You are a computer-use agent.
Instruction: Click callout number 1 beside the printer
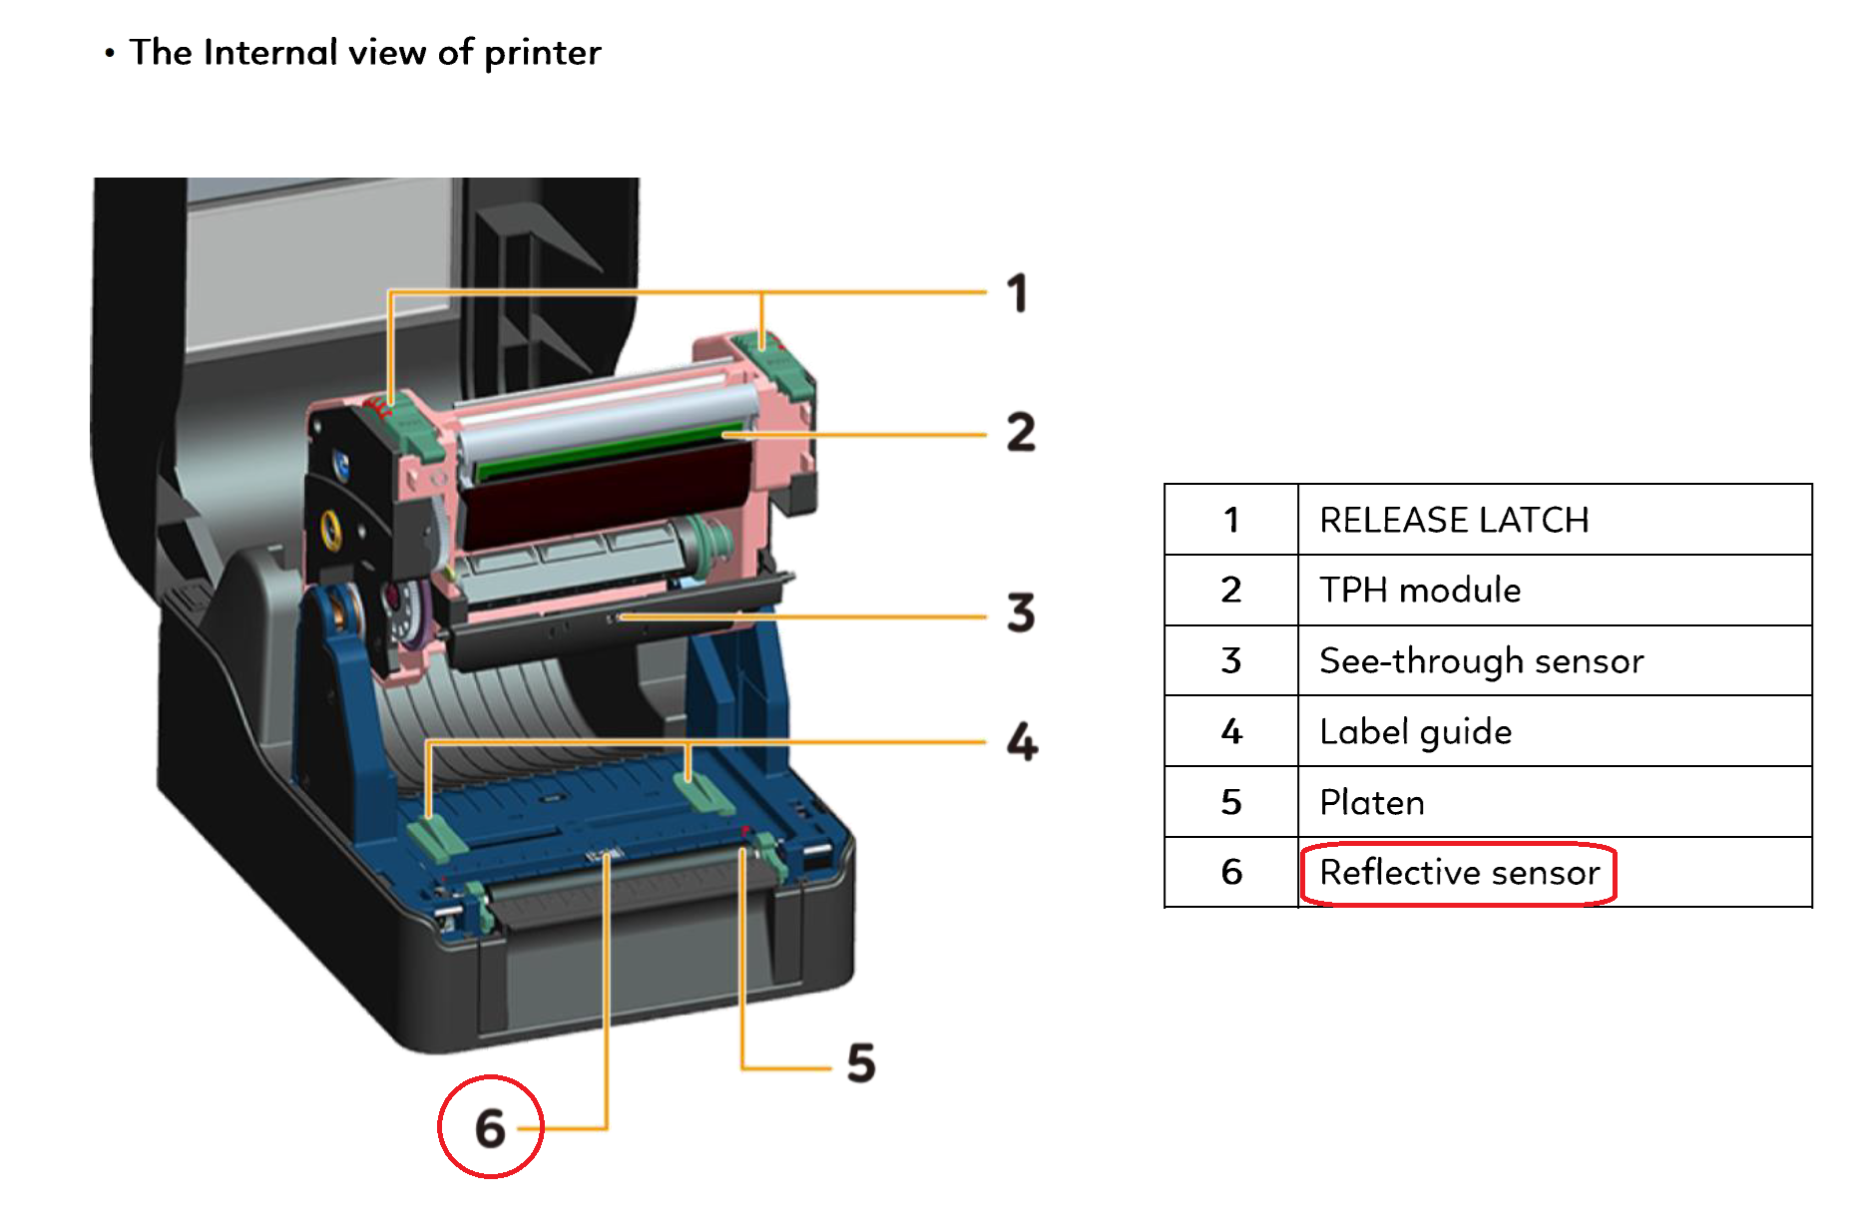(x=1017, y=293)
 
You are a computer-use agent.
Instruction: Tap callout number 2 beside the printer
(x=1021, y=433)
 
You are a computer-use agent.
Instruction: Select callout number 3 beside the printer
(x=1021, y=612)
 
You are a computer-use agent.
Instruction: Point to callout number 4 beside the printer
(x=1022, y=742)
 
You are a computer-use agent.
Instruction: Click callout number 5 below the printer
(x=861, y=1063)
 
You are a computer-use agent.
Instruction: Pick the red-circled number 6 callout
(x=490, y=1128)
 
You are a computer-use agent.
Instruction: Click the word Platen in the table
(x=1372, y=802)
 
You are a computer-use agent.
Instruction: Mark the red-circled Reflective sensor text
(x=1460, y=873)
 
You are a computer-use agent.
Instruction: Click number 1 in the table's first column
(x=1231, y=520)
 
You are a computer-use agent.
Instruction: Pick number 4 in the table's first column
(x=1231, y=731)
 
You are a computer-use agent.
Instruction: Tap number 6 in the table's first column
(x=1231, y=873)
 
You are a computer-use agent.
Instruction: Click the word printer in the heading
(x=543, y=53)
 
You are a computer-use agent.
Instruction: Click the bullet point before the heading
(x=110, y=53)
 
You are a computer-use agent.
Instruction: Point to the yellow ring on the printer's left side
(x=330, y=528)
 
